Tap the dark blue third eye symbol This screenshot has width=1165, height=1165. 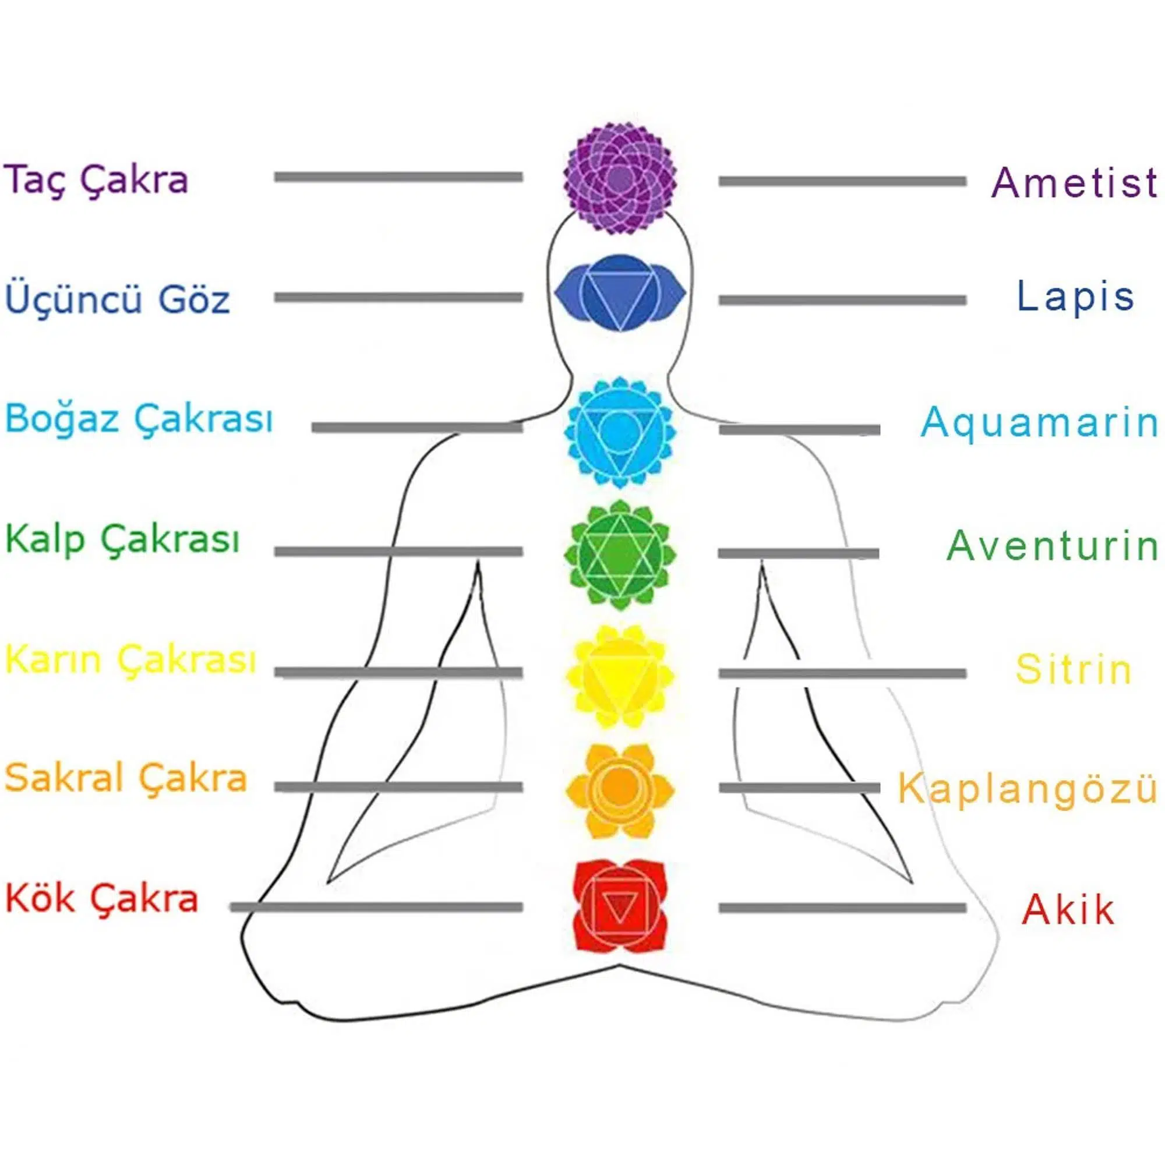[620, 292]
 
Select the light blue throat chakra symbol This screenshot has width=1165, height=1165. [620, 432]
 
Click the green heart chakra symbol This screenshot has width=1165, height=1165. [620, 554]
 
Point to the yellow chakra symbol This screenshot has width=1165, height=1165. [620, 675]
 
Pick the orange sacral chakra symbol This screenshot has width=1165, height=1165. [620, 790]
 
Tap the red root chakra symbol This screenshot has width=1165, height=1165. [620, 906]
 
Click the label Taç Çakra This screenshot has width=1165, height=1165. [97, 179]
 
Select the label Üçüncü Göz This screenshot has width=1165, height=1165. [118, 296]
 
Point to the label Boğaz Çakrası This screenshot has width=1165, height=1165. [139, 418]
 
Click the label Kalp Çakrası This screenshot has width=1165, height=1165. [122, 538]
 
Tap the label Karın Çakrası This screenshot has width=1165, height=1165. [131, 658]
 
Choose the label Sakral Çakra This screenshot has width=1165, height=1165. [126, 778]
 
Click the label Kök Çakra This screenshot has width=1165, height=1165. [102, 898]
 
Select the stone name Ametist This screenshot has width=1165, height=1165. [1074, 182]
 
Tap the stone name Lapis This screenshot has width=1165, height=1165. [1075, 296]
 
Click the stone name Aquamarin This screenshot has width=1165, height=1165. [1039, 422]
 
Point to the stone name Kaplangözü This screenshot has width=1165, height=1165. [1028, 788]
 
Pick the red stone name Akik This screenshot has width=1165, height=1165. [1068, 909]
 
